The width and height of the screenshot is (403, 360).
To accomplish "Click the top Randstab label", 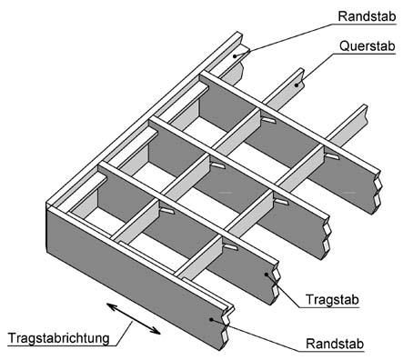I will coord(364,17).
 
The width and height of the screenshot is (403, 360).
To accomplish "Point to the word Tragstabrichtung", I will coord(58,338).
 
